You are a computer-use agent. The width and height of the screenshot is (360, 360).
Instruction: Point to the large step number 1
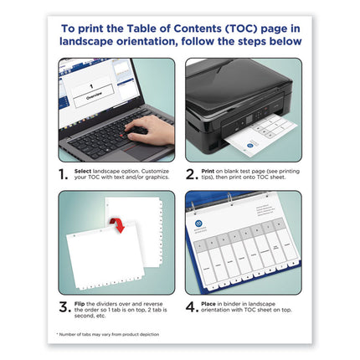[66, 173]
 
